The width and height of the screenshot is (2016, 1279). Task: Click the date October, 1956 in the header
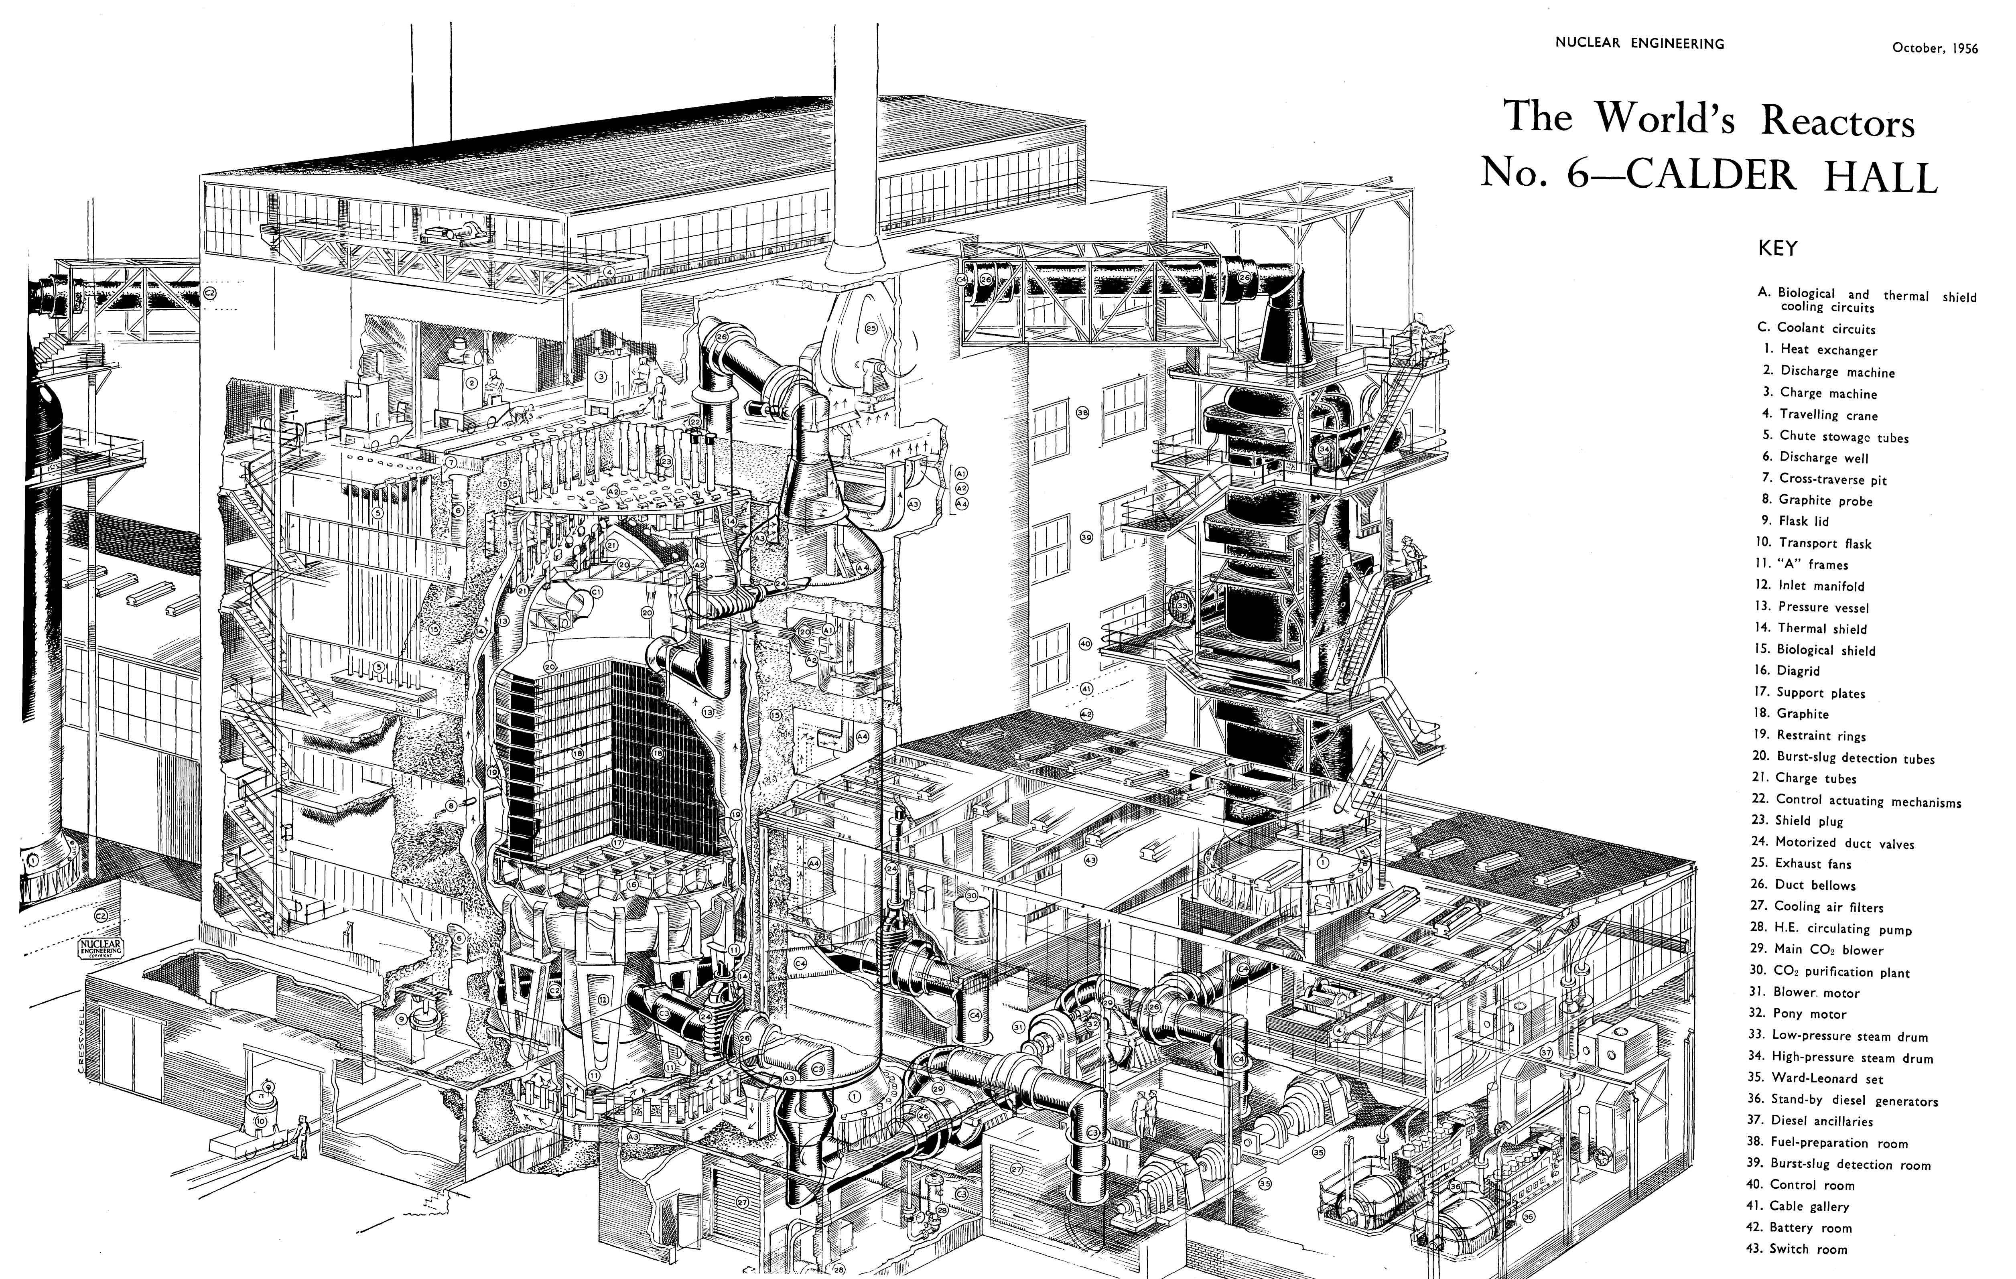click(x=1935, y=49)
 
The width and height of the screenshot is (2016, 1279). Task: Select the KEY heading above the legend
click(x=1776, y=249)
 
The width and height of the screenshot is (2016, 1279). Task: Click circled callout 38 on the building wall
click(x=1082, y=413)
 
